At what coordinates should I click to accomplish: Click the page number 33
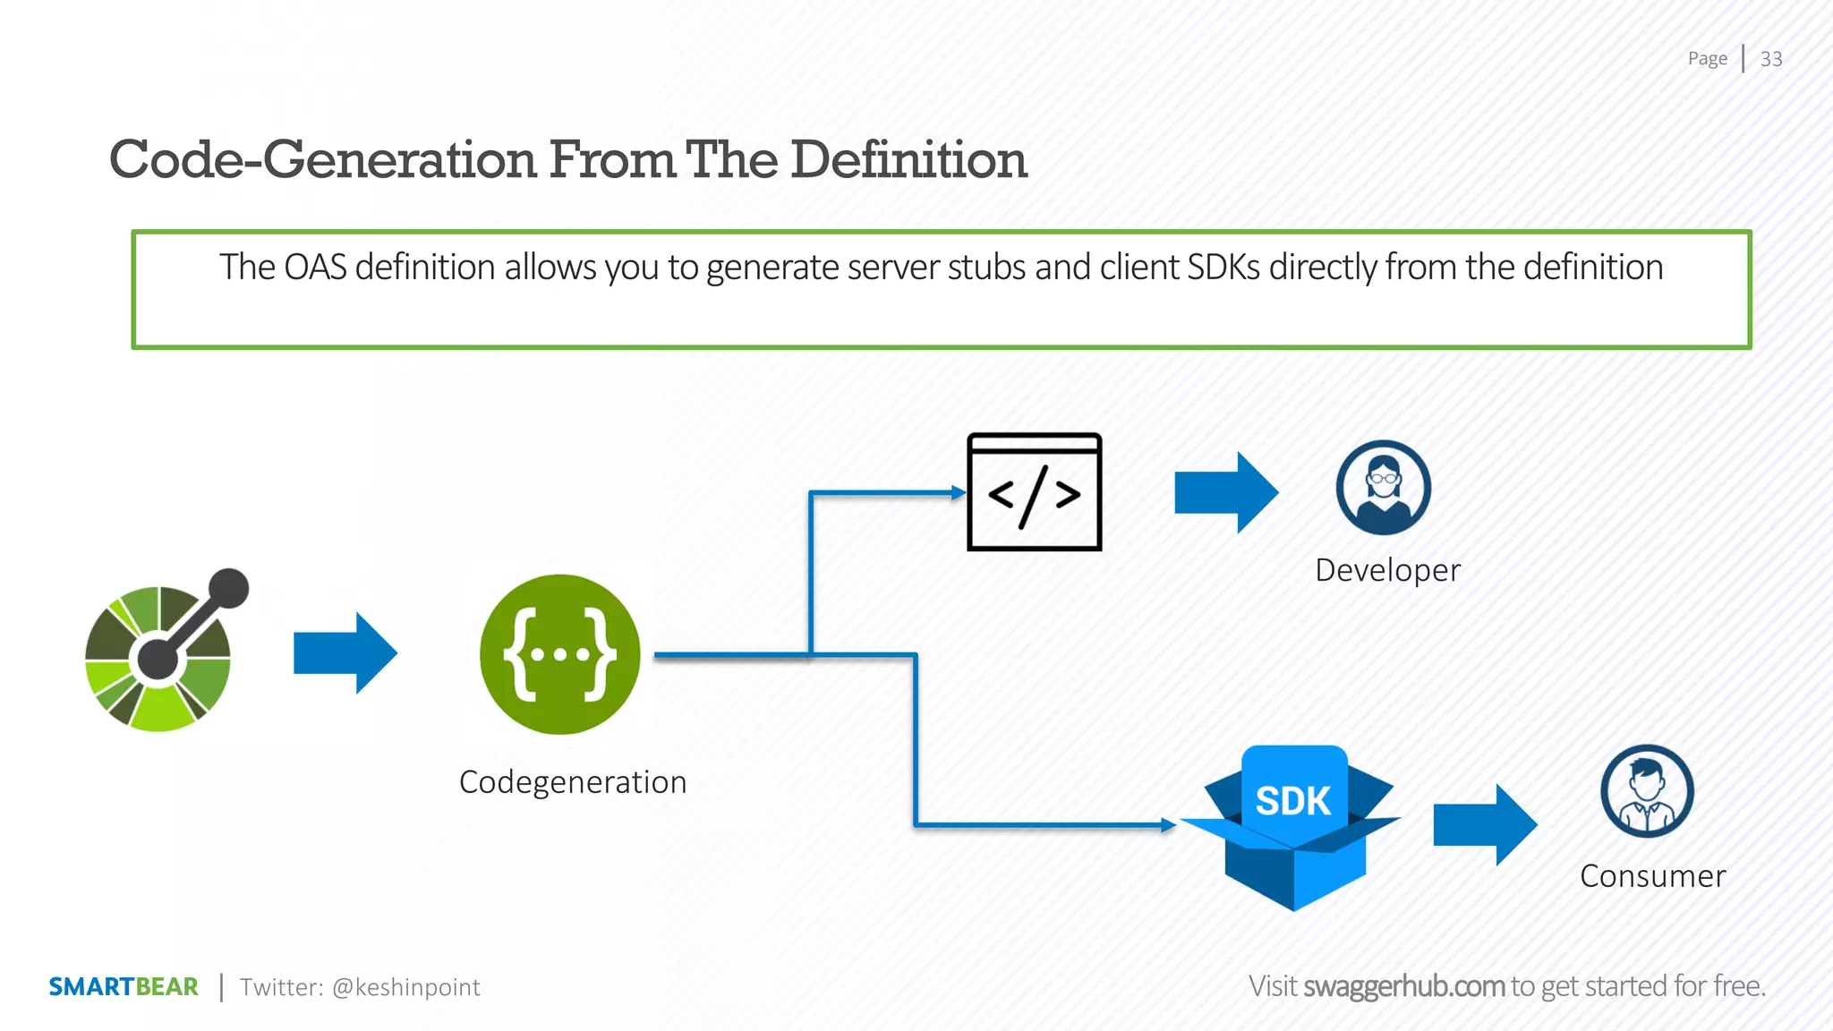[1770, 59]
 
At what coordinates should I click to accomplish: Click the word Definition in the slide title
[908, 160]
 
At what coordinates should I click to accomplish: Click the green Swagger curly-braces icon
[560, 654]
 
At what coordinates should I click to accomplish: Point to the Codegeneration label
[573, 782]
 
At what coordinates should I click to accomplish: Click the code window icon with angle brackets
[1034, 492]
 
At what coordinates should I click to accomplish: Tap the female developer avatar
[1383, 488]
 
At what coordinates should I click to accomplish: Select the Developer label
[1387, 570]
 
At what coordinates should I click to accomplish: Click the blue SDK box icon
[1293, 828]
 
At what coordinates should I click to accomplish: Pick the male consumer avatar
[1647, 791]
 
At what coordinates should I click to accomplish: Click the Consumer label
[1652, 876]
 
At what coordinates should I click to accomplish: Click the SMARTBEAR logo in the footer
[124, 986]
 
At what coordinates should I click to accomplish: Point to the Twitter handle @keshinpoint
[405, 987]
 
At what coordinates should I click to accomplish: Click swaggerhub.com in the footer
[1403, 986]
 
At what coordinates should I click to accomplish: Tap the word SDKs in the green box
[1223, 268]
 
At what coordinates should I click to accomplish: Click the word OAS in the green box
[315, 268]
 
